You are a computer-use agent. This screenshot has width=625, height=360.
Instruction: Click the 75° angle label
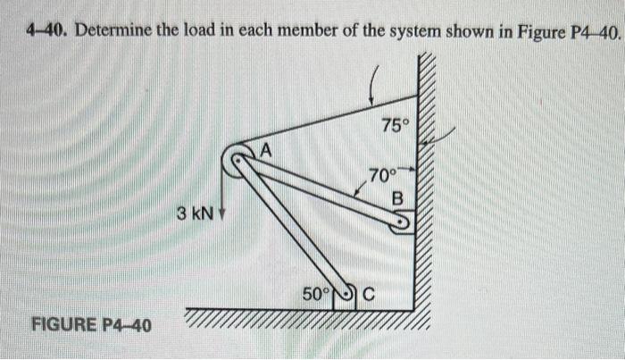click(x=393, y=126)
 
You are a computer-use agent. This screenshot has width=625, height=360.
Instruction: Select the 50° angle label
click(x=315, y=292)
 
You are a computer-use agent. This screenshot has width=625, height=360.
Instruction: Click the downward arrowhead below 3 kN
click(x=220, y=217)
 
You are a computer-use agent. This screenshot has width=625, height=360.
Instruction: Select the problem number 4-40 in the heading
click(x=46, y=33)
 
